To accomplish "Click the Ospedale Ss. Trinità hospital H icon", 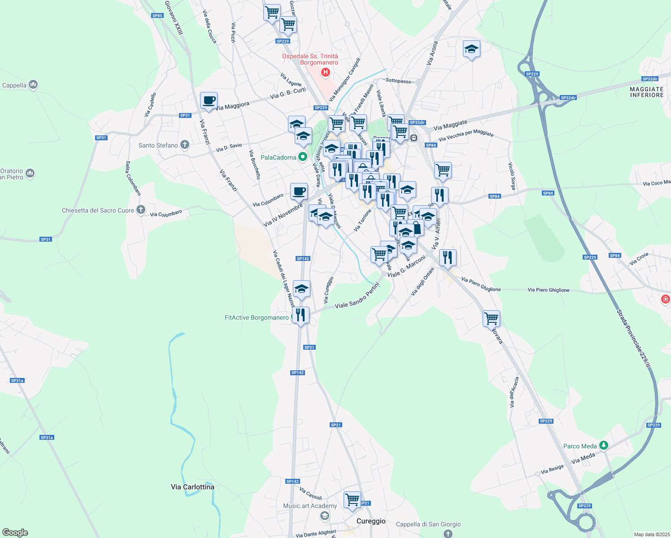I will click(326, 72).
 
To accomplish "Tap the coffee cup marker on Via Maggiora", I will click(208, 100).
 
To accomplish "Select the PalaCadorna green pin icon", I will click(303, 157).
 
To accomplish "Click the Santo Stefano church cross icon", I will click(184, 145).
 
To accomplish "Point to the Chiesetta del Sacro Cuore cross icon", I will click(141, 210).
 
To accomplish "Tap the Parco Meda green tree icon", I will click(604, 446).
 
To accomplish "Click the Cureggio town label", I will click(371, 521).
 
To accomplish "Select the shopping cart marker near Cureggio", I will click(353, 499).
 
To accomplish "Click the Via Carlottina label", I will click(192, 487).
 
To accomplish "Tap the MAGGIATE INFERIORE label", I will click(646, 92).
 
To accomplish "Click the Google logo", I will click(15, 533).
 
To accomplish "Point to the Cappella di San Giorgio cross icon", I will click(448, 533).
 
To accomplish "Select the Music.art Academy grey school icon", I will click(324, 516).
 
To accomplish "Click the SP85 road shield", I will click(157, 16).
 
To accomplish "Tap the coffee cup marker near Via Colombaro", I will click(299, 191).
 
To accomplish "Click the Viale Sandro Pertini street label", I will click(357, 299).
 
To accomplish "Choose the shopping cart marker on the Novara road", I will click(492, 319).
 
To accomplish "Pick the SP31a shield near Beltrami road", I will click(47, 438).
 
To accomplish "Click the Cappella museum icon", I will click(33, 84).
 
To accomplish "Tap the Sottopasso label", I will click(398, 81).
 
